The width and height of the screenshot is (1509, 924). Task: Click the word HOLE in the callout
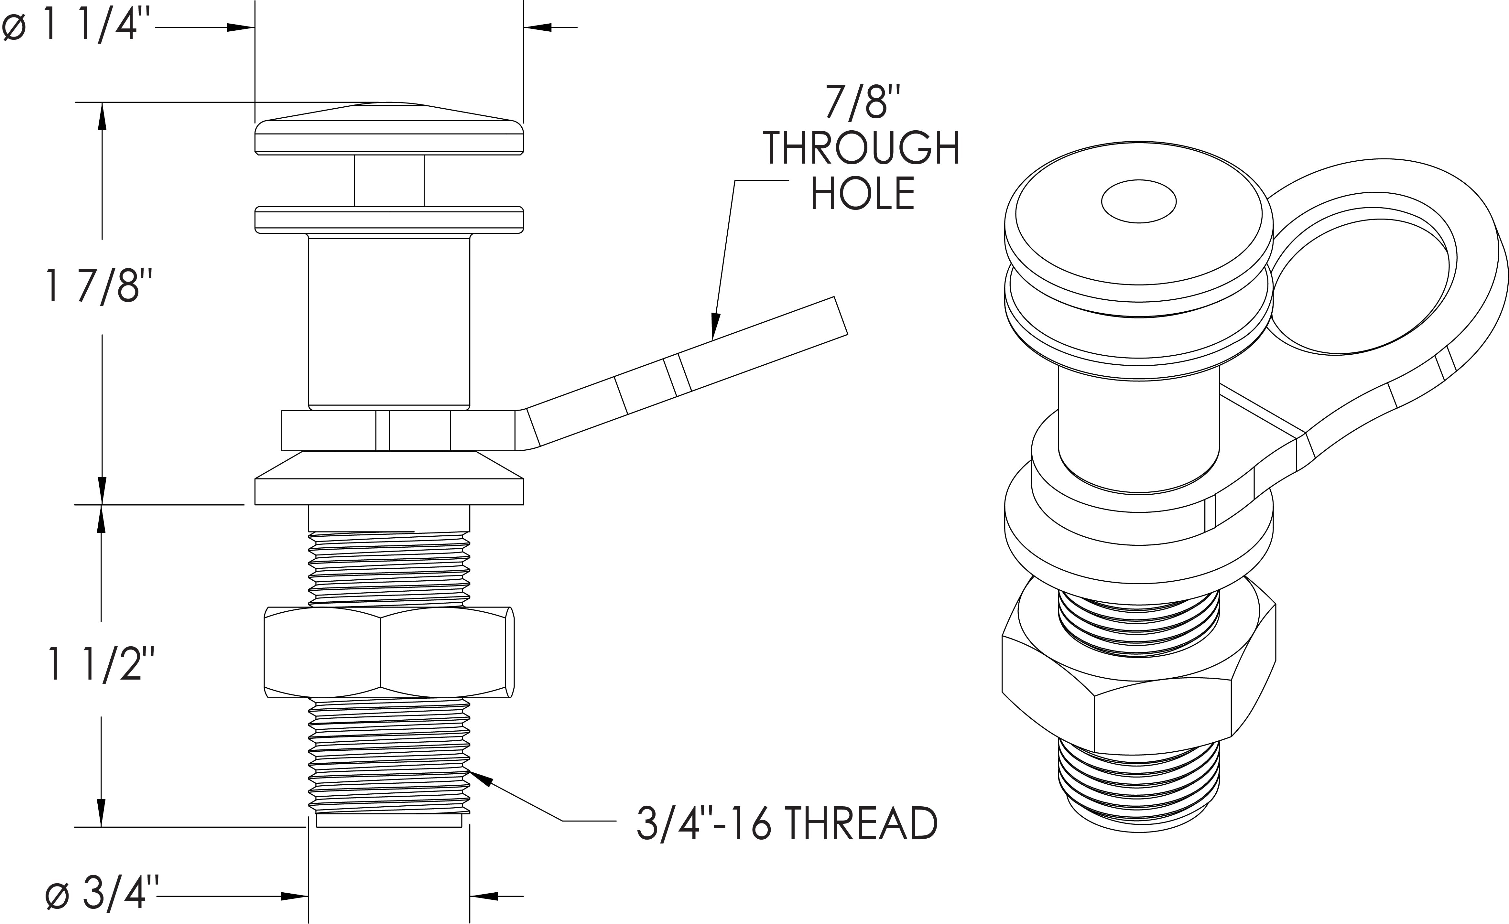(862, 193)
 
